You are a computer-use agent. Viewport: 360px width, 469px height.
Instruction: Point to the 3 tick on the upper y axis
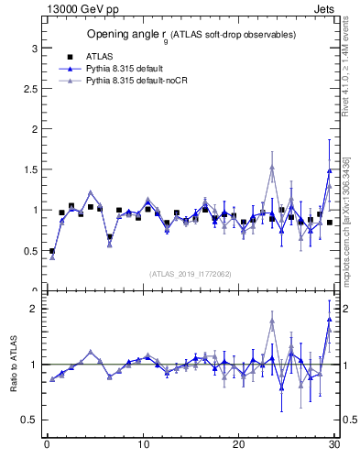33,48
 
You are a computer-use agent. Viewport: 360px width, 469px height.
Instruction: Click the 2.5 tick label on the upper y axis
28,89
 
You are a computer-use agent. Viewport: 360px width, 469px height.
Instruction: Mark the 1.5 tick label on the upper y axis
28,169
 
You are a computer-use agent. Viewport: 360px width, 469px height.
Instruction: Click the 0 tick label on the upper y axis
33,290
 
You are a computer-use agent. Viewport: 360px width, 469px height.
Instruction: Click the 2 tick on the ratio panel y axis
33,309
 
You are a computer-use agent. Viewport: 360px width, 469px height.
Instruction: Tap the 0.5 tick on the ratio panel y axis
28,420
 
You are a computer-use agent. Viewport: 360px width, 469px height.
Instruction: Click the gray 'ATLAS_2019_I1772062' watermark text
190,273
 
